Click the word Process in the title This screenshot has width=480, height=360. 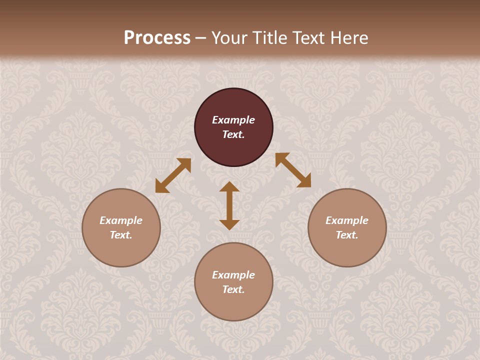pyautogui.click(x=157, y=38)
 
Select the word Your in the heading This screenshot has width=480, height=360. pyautogui.click(x=230, y=38)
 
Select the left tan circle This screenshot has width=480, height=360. pyautogui.click(x=121, y=250)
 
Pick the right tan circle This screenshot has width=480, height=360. pyautogui.click(x=347, y=250)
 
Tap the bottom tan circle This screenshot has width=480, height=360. pyautogui.click(x=233, y=305)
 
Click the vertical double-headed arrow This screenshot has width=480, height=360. pyautogui.click(x=229, y=205)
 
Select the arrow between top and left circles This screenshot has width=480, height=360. pyautogui.click(x=173, y=175)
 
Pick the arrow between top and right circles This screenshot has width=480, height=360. pyautogui.click(x=293, y=170)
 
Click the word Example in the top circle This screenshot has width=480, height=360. pyautogui.click(x=233, y=120)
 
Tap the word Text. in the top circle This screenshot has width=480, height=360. pyautogui.click(x=233, y=134)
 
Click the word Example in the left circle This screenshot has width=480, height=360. pyautogui.click(x=121, y=220)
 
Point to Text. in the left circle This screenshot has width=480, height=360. pyautogui.click(x=121, y=235)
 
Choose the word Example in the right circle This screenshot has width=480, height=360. pyautogui.click(x=347, y=220)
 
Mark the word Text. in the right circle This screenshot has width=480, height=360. pyautogui.click(x=347, y=235)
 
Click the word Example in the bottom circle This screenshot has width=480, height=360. pyautogui.click(x=233, y=275)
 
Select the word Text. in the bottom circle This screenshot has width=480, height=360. pyautogui.click(x=233, y=289)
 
